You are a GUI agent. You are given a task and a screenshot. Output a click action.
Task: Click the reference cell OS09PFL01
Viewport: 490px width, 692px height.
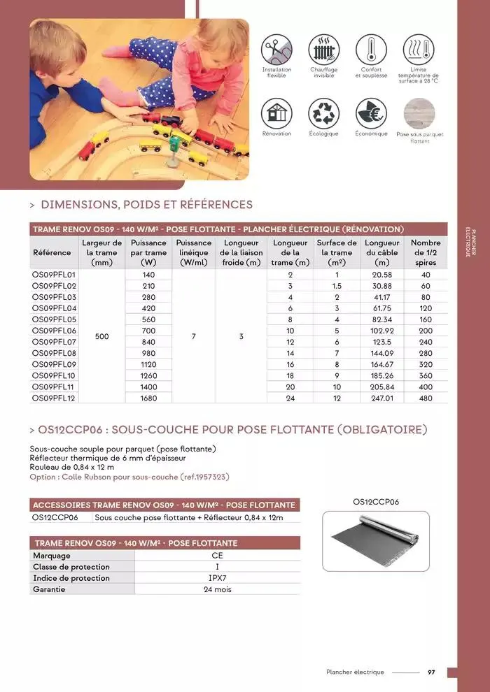pyautogui.click(x=54, y=275)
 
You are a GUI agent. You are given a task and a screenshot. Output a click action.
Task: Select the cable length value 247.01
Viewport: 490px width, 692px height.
pyautogui.click(x=381, y=398)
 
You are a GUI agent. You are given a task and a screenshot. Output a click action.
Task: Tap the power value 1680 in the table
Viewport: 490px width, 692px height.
pyautogui.click(x=148, y=398)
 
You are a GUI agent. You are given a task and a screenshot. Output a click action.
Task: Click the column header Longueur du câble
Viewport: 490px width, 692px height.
pyautogui.click(x=381, y=252)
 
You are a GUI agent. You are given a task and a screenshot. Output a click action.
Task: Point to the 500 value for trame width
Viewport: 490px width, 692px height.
pyautogui.click(x=102, y=336)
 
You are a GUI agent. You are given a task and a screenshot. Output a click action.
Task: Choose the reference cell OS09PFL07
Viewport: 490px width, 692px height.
pyautogui.click(x=54, y=342)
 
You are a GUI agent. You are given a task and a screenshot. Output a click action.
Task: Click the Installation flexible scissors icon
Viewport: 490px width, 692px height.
pyautogui.click(x=276, y=50)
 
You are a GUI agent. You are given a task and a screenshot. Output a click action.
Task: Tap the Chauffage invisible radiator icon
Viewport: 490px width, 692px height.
pyautogui.click(x=323, y=50)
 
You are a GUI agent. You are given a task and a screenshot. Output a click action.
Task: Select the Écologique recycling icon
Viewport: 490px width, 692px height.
pyautogui.click(x=323, y=113)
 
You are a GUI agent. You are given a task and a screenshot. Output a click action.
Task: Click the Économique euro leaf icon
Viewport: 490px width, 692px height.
pyautogui.click(x=370, y=113)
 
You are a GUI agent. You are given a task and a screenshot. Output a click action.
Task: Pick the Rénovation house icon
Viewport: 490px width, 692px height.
pyautogui.click(x=276, y=113)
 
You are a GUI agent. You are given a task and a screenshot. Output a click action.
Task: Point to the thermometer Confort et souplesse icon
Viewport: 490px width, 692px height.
pyautogui.click(x=370, y=50)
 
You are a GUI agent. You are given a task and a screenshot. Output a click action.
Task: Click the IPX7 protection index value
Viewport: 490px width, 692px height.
pyautogui.click(x=218, y=578)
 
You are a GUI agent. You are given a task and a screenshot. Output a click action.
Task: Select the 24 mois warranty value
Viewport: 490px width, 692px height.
pyautogui.click(x=218, y=589)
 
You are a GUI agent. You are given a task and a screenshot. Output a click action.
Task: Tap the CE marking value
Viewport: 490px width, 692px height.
pyautogui.click(x=218, y=556)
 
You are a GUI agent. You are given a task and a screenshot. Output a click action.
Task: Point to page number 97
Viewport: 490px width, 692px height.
pyautogui.click(x=431, y=672)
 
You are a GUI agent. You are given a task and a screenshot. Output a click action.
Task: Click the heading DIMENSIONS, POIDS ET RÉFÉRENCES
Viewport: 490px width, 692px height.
pyautogui.click(x=146, y=205)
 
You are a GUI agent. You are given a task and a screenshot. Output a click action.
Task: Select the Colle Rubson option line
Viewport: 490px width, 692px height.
pyautogui.click(x=129, y=477)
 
